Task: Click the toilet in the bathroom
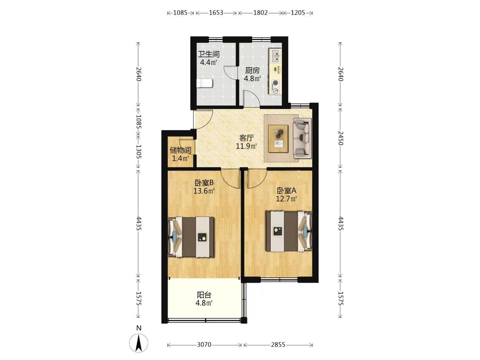pos(204,83)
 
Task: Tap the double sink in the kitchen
pos(276,56)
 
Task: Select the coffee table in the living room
pos(278,138)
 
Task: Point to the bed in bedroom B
pos(191,237)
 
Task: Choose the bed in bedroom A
pos(289,231)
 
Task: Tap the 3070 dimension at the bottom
pos(204,345)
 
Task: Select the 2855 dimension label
pos(278,345)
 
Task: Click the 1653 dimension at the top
pos(216,13)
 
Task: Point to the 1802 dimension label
pos(261,13)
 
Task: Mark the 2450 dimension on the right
pos(341,138)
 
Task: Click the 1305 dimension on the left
pos(138,151)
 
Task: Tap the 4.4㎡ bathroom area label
pos(209,62)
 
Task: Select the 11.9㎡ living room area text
pos(246,146)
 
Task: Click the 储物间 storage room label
pos(180,150)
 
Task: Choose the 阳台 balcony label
pos(204,295)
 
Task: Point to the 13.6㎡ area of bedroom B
pos(204,191)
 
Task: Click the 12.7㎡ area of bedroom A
pos(287,199)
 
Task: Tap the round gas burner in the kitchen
pos(276,83)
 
